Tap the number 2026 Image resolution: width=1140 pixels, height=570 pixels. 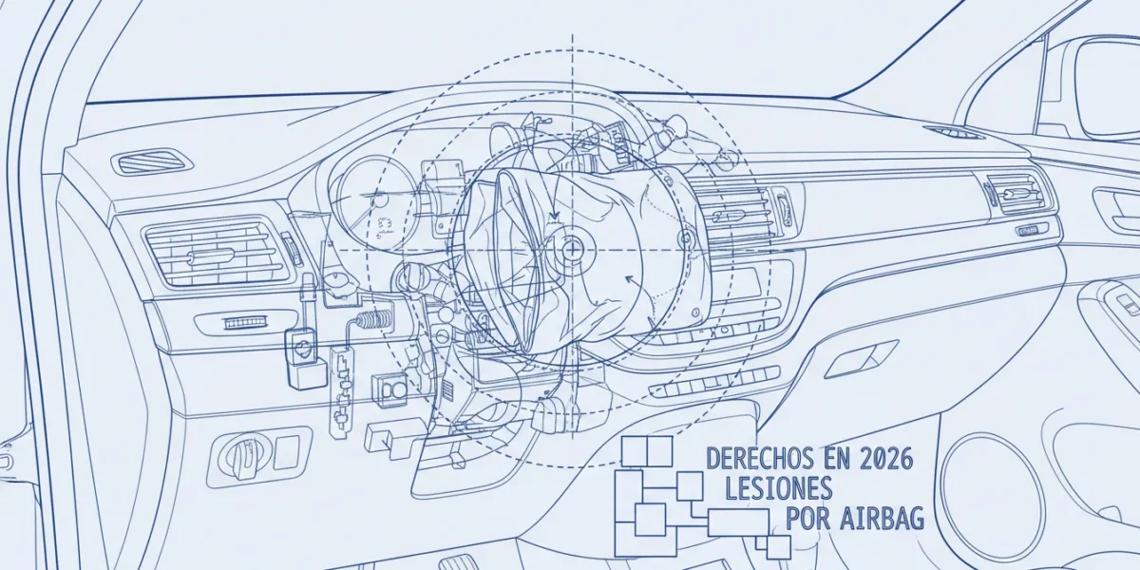(x=887, y=458)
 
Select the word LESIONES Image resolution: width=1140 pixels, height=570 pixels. (x=778, y=488)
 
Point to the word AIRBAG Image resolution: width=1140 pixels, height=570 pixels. (x=884, y=519)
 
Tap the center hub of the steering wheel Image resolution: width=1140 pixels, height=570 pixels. (x=574, y=249)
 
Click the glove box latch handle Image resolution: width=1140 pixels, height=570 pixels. (x=861, y=358)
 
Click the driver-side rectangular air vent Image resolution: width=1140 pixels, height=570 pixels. (x=216, y=255)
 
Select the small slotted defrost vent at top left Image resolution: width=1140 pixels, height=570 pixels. (x=152, y=162)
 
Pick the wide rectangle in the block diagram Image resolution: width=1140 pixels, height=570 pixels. (x=737, y=522)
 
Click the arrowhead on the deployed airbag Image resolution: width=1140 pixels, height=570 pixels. (x=554, y=217)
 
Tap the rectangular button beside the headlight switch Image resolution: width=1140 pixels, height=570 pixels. (x=286, y=453)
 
